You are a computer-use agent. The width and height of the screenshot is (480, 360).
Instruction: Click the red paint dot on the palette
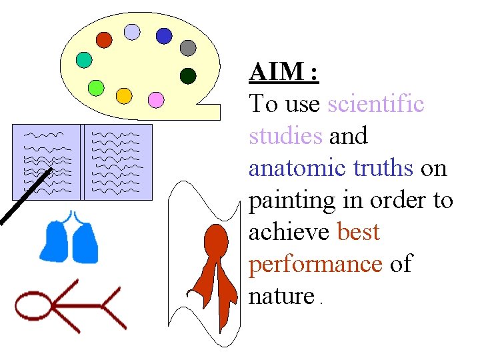104,40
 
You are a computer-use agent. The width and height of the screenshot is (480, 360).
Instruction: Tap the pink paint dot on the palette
155,99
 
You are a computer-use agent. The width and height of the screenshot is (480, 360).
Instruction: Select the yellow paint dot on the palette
124,96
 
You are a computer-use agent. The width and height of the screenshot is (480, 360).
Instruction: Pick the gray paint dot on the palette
189,48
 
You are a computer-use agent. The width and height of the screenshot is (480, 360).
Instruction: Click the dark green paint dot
188,76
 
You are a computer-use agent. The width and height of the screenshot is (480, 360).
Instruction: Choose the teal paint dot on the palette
84,60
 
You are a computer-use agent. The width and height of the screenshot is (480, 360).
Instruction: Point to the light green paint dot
96,87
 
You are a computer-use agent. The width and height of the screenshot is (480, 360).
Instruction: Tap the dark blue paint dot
164,35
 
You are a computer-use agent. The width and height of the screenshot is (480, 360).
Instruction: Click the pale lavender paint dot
133,31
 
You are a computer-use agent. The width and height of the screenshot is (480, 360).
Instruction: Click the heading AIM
284,72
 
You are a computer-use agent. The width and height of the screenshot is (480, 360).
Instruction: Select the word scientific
376,104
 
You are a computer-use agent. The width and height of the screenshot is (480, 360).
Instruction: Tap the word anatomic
297,168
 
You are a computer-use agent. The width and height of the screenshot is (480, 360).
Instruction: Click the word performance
315,265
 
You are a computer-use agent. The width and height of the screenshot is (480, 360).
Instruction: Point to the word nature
281,296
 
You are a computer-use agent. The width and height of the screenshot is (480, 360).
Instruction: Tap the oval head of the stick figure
34,307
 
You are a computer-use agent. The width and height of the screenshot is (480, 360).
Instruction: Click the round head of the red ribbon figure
215,237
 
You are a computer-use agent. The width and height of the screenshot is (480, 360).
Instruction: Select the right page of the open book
117,162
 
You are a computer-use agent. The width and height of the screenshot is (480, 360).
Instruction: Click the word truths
383,168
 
